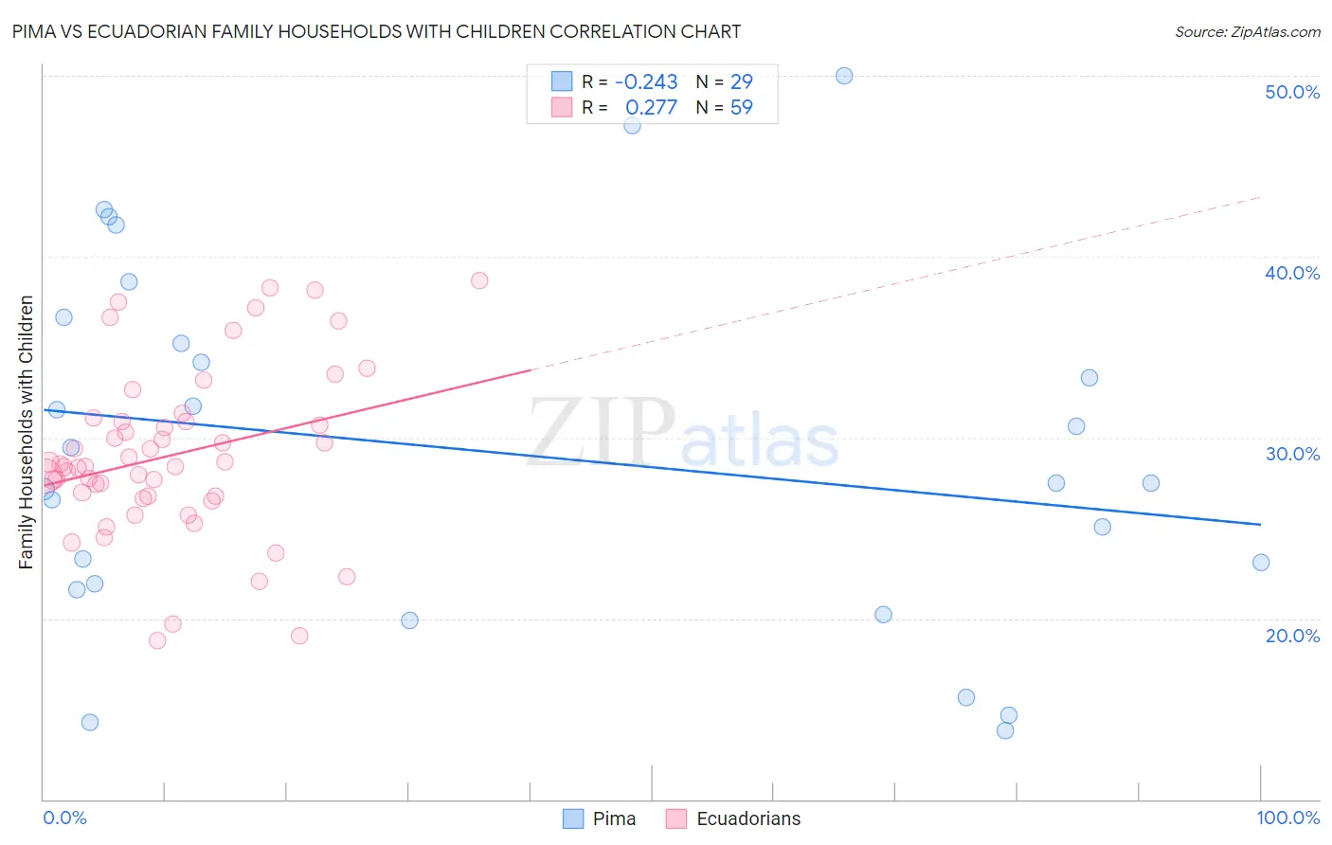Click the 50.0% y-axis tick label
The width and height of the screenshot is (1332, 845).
coord(1292,92)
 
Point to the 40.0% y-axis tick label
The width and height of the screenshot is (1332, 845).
coord(1292,273)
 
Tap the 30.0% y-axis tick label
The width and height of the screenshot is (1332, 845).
coord(1292,454)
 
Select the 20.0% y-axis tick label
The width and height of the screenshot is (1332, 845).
coord(1292,636)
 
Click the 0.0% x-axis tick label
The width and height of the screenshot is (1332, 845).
coord(64,818)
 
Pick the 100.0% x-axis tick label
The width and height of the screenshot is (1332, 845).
coord(1287,818)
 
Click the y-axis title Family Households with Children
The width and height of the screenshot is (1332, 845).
coord(27,432)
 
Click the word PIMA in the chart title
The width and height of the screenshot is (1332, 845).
coord(33,31)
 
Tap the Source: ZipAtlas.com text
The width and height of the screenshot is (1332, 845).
coord(1247,31)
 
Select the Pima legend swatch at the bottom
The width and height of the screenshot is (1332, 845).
coord(573,818)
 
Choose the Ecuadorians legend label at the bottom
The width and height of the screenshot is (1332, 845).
coord(748,818)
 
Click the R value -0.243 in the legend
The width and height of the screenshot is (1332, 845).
coord(646,81)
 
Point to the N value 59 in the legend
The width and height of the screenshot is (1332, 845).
coord(741,107)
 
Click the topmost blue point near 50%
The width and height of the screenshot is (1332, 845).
coord(844,76)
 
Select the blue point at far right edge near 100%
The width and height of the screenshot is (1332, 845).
coord(1261,563)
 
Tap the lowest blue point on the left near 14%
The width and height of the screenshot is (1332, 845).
coord(90,722)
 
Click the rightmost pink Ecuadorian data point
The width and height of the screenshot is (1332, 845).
coord(479,280)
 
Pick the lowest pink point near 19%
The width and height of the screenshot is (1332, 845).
coord(157,640)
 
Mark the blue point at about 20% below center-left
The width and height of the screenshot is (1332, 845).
coord(409,620)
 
